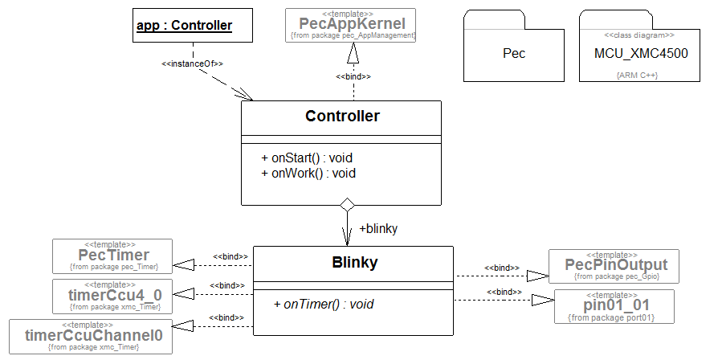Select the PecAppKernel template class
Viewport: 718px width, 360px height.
pos(352,24)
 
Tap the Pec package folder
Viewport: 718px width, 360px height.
pos(514,54)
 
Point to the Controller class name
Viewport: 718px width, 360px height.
pos(342,117)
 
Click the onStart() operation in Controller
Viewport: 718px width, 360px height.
pos(307,157)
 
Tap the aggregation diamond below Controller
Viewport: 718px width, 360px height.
pos(347,205)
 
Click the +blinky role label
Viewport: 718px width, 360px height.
pos(378,228)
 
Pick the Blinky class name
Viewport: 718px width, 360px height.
pos(354,262)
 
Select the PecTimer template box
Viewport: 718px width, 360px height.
pos(113,255)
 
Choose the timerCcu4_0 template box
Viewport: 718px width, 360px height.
pos(113,295)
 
